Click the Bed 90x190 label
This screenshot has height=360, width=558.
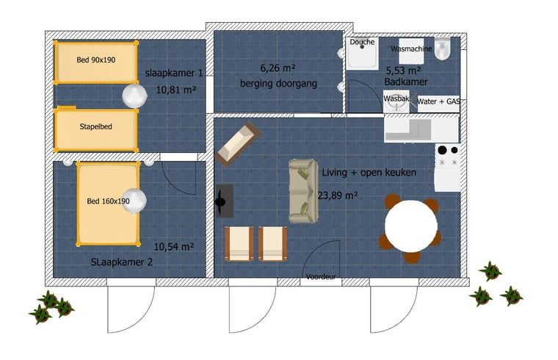[x=95, y=60]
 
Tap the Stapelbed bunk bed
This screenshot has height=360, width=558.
[x=95, y=130]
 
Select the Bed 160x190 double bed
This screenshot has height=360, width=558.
[x=108, y=204]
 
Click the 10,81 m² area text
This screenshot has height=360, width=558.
[x=175, y=90]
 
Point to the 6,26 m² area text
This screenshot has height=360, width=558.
[x=278, y=68]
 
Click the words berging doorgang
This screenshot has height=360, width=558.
[x=278, y=84]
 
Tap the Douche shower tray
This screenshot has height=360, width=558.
[x=362, y=53]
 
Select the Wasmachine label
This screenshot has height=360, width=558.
[x=411, y=48]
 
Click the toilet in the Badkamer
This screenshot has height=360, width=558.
[x=443, y=48]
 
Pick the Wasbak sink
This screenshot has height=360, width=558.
[x=396, y=101]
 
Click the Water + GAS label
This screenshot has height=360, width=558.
[x=438, y=101]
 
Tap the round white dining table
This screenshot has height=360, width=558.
[x=411, y=226]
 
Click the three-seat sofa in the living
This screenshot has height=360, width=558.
[x=303, y=191]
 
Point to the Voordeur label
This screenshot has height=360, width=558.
[x=321, y=277]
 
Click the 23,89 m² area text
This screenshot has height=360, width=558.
[x=337, y=195]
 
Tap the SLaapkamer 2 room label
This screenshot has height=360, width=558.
[x=121, y=262]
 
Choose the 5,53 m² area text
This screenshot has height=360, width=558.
[x=404, y=71]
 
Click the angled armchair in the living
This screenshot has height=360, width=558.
[x=237, y=145]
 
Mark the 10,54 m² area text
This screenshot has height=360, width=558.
[x=174, y=246]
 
